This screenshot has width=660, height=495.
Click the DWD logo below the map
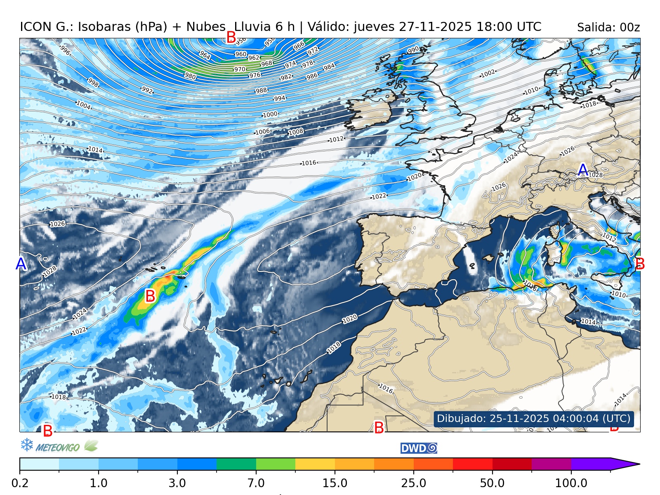tap(418, 448)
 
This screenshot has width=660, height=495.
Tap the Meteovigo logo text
tap(57, 447)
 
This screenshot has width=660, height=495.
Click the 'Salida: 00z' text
tap(608, 28)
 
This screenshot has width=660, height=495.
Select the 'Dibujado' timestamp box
tap(534, 418)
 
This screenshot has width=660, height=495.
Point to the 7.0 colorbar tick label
tap(256, 483)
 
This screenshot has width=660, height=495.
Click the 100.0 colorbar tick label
tap(571, 483)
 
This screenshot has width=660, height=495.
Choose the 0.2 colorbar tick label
tap(20, 483)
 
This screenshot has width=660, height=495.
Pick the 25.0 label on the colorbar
tap(414, 483)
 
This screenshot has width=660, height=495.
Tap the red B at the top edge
tap(231, 38)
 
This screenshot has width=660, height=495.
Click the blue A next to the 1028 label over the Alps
tap(582, 170)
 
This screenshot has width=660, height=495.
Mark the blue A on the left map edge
tap(21, 264)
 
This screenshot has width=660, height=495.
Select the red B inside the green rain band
tap(150, 296)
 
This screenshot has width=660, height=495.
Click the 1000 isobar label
tap(270, 114)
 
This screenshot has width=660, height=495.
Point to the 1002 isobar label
tap(488, 73)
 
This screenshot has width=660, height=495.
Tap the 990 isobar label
tap(413, 49)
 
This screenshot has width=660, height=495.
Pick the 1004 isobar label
tap(83, 105)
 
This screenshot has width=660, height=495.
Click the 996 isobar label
tap(65, 50)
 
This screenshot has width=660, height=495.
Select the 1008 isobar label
tap(296, 132)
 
